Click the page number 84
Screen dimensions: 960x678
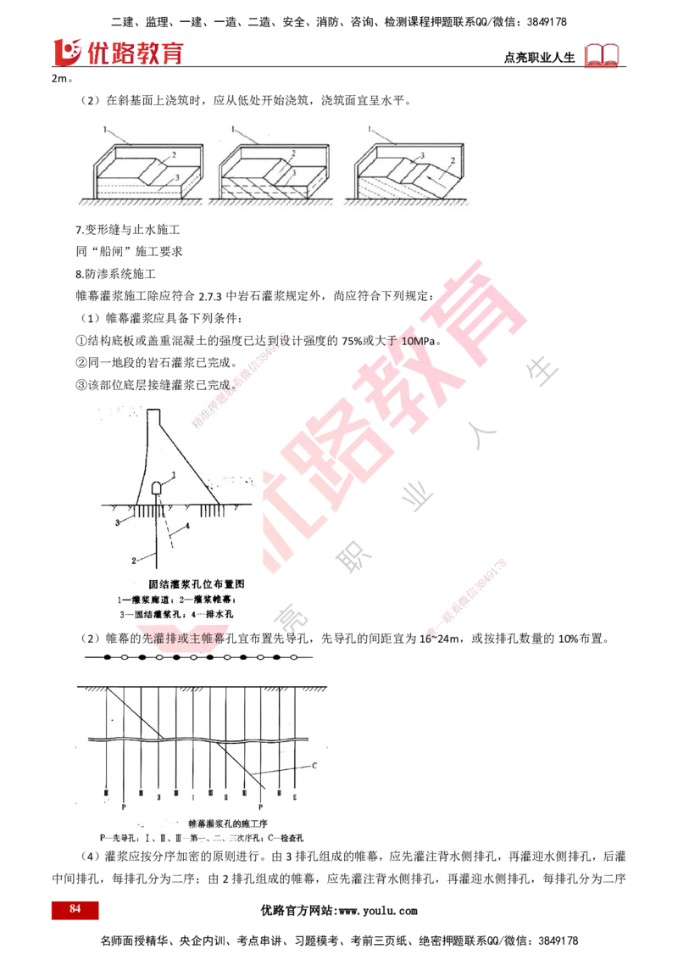tap(75, 909)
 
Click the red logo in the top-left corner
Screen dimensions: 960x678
tap(118, 52)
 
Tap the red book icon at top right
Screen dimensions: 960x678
tap(602, 55)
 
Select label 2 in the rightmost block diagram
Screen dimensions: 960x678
tap(453, 159)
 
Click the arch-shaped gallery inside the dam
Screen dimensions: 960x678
tap(158, 489)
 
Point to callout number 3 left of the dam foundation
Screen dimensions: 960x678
tap(118, 523)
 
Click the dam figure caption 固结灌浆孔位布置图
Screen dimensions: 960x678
tap(197, 584)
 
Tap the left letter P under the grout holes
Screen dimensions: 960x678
tap(125, 807)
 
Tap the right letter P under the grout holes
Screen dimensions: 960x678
tap(260, 807)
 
